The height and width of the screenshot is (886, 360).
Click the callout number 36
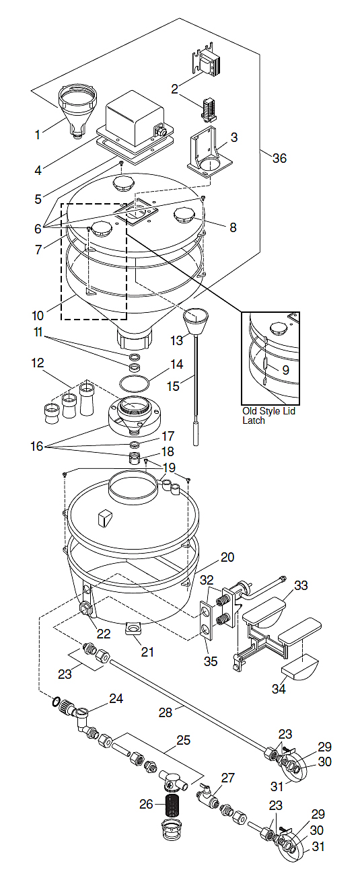click(x=279, y=158)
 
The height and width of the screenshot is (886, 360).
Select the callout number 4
click(x=38, y=170)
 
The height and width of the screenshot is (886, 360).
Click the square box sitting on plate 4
click(x=135, y=118)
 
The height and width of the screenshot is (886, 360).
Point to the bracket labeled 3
click(x=209, y=152)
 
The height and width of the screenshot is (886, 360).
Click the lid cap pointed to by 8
click(x=184, y=216)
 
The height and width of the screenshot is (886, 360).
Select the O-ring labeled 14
click(x=135, y=383)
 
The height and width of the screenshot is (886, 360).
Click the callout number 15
click(x=173, y=385)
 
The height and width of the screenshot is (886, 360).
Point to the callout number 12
click(x=38, y=363)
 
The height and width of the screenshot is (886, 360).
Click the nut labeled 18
click(x=135, y=458)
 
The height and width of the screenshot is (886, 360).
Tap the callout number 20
click(x=227, y=557)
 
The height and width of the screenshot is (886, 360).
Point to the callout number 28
click(x=166, y=712)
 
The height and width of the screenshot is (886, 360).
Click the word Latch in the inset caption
click(x=254, y=420)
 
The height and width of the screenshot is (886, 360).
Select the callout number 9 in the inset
click(x=285, y=370)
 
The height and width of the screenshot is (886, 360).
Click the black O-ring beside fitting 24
click(x=56, y=702)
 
